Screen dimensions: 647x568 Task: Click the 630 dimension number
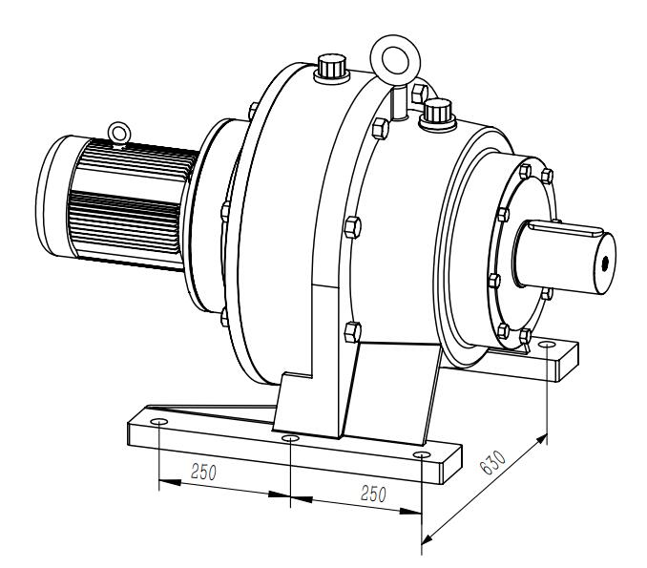(x=492, y=462)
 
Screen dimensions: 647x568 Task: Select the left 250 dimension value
(x=203, y=473)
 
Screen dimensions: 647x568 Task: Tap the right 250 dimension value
(x=373, y=494)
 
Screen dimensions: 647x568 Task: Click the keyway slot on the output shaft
(x=564, y=228)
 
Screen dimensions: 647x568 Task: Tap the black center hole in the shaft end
(x=605, y=263)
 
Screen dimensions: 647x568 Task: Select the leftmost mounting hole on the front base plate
(x=158, y=421)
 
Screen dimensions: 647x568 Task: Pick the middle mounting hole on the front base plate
(x=290, y=438)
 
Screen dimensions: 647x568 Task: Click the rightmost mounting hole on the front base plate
(x=422, y=455)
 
